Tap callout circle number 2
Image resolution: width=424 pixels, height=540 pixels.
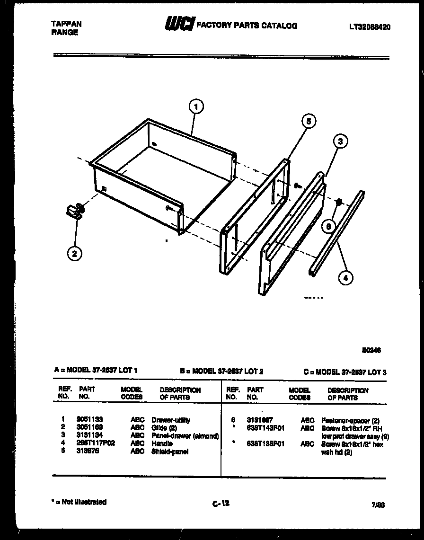click(x=74, y=254)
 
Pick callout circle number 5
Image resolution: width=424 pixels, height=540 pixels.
click(x=308, y=121)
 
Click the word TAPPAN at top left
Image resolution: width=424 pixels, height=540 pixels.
click(x=66, y=24)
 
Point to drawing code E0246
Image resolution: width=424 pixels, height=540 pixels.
click(x=371, y=351)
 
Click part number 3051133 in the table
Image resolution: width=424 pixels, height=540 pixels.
click(x=89, y=420)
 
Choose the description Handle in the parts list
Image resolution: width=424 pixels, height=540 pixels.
click(x=162, y=443)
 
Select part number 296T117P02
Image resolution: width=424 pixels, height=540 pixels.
click(x=96, y=443)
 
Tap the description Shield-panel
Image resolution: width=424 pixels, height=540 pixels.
click(x=170, y=451)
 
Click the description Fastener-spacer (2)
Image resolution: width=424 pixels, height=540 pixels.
click(x=350, y=420)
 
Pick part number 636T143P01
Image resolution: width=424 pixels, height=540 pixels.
click(x=265, y=428)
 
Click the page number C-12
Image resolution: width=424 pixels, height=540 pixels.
click(x=221, y=504)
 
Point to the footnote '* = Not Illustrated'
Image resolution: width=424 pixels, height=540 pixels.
click(x=79, y=502)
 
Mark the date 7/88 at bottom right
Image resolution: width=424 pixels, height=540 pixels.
click(x=378, y=505)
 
